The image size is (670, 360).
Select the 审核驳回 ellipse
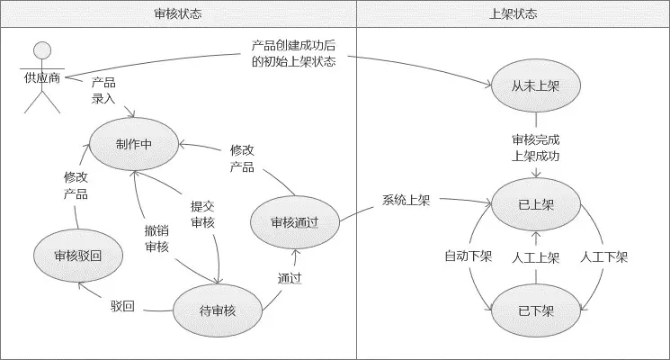coord(77,255)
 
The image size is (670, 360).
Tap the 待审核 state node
coord(218,310)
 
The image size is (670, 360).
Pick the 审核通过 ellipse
coord(294,220)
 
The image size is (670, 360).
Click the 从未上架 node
coord(536,87)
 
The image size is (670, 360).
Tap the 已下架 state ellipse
coord(536,310)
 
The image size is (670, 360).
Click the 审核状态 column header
coord(179,13)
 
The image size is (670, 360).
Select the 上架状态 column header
coord(514,13)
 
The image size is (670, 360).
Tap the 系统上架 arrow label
coord(406,200)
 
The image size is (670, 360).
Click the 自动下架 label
coord(469,256)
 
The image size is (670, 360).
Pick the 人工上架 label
coord(536,256)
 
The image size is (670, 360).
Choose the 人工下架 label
coord(604,256)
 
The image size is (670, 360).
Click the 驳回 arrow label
coord(123,307)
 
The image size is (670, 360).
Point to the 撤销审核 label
coord(156,238)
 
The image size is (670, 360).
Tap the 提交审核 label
coord(202,212)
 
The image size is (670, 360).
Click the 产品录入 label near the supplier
coord(103,90)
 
